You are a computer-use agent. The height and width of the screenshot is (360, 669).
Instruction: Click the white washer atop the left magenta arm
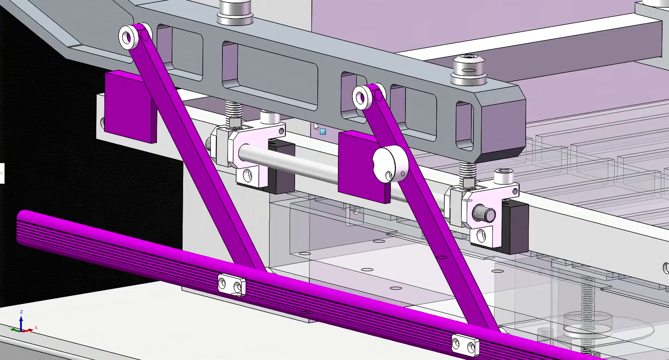coord(127,38)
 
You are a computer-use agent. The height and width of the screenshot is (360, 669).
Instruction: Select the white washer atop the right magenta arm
coord(361,97)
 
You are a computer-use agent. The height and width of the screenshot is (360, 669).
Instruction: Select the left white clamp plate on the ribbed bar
coord(231,284)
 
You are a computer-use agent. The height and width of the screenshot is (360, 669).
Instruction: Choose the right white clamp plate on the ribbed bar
coord(465,345)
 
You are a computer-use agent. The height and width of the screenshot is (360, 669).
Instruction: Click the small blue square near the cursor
coord(323,132)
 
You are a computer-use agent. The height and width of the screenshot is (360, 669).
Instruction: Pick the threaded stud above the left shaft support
coord(234,113)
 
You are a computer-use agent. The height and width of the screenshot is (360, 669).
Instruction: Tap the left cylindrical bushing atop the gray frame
coord(235,13)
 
